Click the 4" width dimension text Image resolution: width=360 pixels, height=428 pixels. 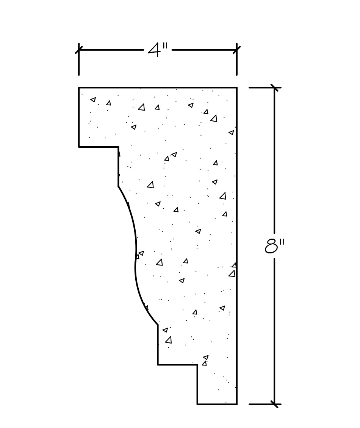[158, 50]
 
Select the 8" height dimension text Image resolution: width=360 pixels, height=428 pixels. [274, 246]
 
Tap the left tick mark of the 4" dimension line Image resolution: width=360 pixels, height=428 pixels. [79, 50]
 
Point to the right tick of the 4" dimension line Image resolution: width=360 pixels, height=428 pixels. [237, 50]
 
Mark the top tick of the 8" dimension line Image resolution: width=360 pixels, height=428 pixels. [274, 88]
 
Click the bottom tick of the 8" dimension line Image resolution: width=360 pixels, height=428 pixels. [274, 404]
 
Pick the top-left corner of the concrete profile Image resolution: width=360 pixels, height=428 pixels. [79, 88]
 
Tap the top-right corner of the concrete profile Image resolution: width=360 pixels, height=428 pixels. [237, 88]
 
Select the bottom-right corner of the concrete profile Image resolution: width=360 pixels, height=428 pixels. [237, 404]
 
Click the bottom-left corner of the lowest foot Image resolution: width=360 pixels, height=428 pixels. [197, 404]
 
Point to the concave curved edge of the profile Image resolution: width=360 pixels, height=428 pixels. [135, 258]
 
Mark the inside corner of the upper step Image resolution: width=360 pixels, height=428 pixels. [118, 147]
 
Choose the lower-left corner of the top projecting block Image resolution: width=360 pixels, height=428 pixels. [79, 147]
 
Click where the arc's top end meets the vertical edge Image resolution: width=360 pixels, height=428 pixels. [118, 186]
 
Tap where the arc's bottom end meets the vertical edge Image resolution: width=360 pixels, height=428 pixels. [158, 325]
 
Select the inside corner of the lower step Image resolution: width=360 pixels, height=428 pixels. [197, 365]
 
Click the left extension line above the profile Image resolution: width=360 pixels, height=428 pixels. [79, 64]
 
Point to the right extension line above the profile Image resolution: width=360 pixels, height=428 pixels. [237, 64]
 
